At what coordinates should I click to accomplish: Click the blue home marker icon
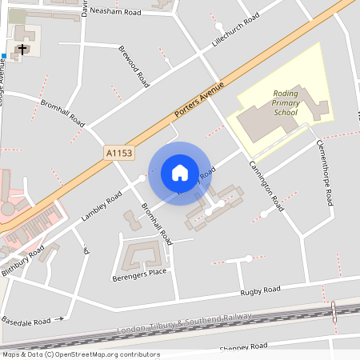pos(180,172)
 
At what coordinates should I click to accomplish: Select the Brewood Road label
pos(134,66)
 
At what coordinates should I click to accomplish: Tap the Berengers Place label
pos(139,274)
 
